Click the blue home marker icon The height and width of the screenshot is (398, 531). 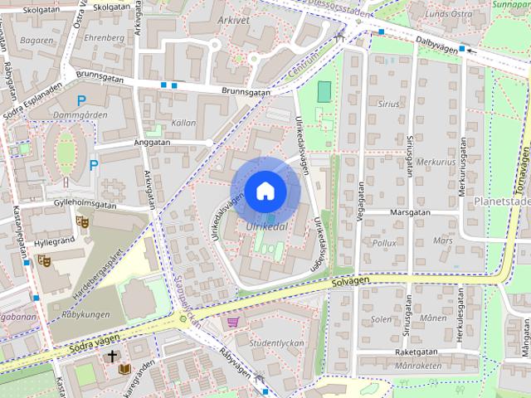click(x=265, y=191)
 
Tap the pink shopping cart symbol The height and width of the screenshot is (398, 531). click(x=233, y=322)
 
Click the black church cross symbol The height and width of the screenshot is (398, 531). click(x=112, y=357)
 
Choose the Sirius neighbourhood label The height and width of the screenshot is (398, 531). click(x=387, y=105)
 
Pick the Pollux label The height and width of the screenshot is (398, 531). click(x=384, y=244)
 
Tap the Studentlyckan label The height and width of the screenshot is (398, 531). click(x=276, y=343)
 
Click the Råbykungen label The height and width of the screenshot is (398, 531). click(x=85, y=314)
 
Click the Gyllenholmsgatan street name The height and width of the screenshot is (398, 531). click(x=83, y=202)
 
